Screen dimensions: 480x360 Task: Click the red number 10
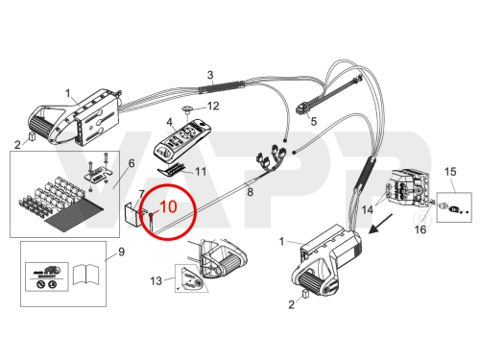[168, 206]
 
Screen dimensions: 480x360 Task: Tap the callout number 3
[210, 75]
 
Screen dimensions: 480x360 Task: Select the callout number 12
[213, 106]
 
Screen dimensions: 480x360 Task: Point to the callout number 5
[314, 122]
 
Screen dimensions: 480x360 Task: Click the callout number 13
[156, 281]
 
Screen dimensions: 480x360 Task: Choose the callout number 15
[450, 172]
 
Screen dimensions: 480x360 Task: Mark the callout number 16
[420, 229]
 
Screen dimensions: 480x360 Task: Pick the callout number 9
[121, 252]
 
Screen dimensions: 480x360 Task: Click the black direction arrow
[380, 225]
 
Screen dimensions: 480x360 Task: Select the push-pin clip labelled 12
[186, 109]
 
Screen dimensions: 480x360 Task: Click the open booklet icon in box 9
[86, 275]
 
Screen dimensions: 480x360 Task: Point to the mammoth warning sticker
[47, 276]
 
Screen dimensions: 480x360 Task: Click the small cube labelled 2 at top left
[32, 136]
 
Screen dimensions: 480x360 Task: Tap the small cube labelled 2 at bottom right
[305, 294]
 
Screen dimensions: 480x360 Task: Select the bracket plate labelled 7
[132, 214]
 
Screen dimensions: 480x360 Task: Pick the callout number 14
[368, 210]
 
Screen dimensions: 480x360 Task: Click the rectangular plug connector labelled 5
[302, 109]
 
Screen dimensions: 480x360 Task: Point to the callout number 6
[132, 163]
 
